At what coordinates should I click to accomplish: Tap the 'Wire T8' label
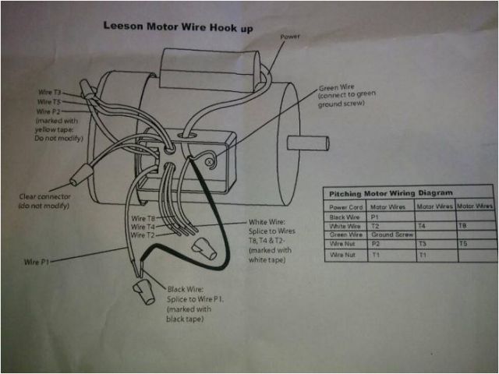coord(144,217)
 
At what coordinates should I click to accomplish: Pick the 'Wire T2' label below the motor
coord(144,235)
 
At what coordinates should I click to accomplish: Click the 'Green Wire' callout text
coord(337,87)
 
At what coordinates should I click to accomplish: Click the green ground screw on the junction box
coord(211,161)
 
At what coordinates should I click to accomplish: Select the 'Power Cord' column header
coord(347,207)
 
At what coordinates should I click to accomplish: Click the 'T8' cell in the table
coord(462,225)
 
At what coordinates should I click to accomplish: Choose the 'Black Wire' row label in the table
coord(346,217)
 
